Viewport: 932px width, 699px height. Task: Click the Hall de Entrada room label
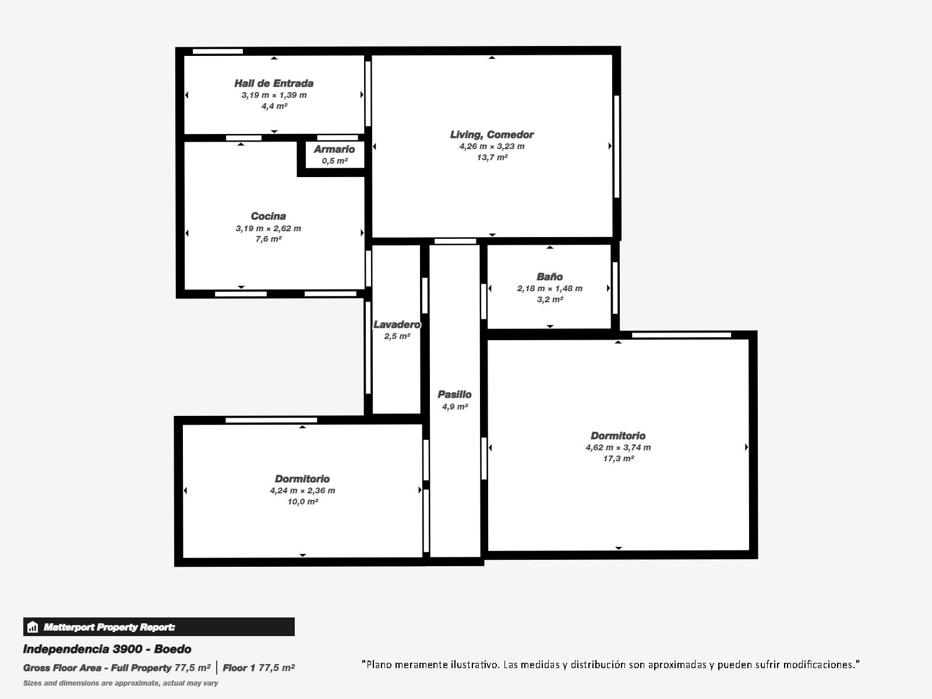tap(274, 83)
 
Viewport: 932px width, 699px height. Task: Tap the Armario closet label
tap(334, 149)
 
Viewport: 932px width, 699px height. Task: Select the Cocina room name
tap(269, 216)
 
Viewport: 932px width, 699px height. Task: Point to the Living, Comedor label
tap(492, 135)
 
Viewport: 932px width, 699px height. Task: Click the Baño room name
tap(550, 277)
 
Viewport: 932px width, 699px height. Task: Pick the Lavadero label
tap(397, 324)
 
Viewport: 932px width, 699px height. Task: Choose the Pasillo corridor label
tap(455, 394)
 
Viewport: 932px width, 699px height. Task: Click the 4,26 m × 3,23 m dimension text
tap(492, 146)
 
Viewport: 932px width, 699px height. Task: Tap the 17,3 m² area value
tap(618, 458)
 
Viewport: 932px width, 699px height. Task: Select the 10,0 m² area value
tap(303, 502)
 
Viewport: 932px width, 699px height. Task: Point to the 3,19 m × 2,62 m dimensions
tap(269, 228)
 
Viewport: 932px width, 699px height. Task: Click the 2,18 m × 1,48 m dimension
tap(550, 288)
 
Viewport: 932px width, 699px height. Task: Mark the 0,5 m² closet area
tap(334, 161)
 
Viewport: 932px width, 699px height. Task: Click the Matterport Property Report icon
tap(33, 627)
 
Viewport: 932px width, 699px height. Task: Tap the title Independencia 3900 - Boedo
tap(107, 649)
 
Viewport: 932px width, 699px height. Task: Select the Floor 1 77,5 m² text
tap(259, 668)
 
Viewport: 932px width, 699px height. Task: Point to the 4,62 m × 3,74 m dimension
tap(618, 447)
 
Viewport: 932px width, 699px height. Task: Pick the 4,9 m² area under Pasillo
tap(455, 407)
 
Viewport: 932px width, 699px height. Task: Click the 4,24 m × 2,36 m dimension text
tap(303, 490)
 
